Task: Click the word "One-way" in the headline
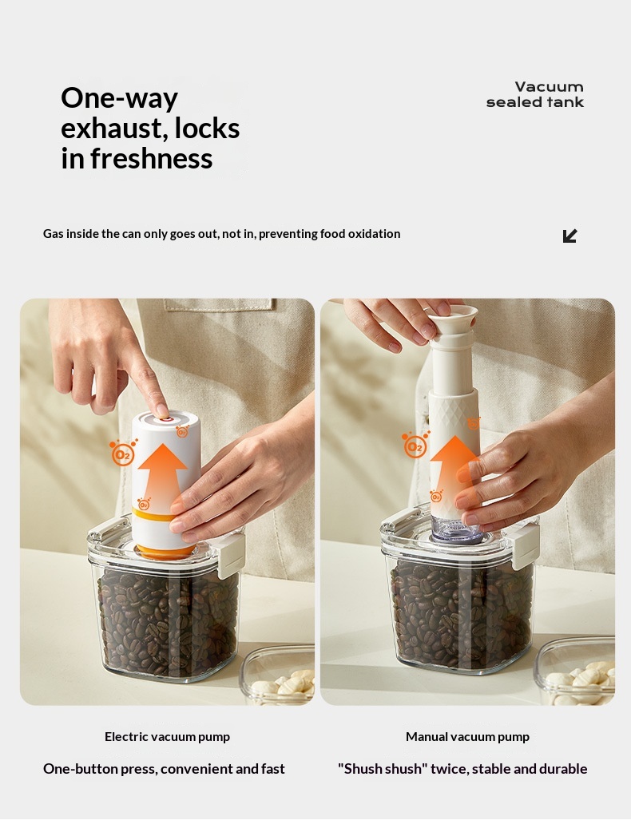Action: pos(119,98)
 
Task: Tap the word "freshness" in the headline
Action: pos(151,158)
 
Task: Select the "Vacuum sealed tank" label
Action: pos(534,94)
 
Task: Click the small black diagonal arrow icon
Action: pos(569,236)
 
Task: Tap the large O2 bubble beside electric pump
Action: pos(122,454)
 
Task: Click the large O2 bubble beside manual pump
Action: pos(415,446)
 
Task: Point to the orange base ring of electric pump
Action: pos(165,552)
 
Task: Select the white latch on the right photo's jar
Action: pos(524,546)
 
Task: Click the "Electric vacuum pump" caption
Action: pos(167,736)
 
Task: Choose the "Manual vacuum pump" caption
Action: pos(467,736)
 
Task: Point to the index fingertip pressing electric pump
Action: pos(162,410)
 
